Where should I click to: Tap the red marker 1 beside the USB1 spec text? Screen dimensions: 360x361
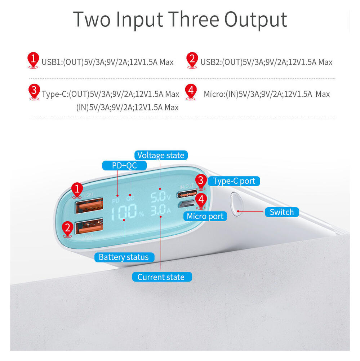[33, 60]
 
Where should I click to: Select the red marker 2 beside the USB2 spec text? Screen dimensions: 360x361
[192, 60]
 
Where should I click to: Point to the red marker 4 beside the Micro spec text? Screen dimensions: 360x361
[191, 92]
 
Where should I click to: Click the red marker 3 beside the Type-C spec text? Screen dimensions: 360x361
[34, 92]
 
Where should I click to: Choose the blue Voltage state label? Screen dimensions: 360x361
[161, 155]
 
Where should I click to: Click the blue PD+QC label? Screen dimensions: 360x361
[124, 165]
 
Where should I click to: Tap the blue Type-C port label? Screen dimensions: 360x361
[234, 181]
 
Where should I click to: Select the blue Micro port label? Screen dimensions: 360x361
[205, 216]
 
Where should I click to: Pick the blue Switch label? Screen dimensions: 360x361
[282, 212]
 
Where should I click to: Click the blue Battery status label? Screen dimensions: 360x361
[124, 257]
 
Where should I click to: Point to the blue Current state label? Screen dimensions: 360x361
[162, 277]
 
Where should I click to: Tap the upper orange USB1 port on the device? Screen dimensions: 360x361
[89, 205]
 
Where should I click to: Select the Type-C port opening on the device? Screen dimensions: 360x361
[187, 194]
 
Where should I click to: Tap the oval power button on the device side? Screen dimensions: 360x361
[236, 204]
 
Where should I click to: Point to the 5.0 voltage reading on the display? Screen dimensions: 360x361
[158, 197]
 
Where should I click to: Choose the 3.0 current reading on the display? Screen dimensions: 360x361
[159, 210]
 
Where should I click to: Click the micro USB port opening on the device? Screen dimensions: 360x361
[187, 204]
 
